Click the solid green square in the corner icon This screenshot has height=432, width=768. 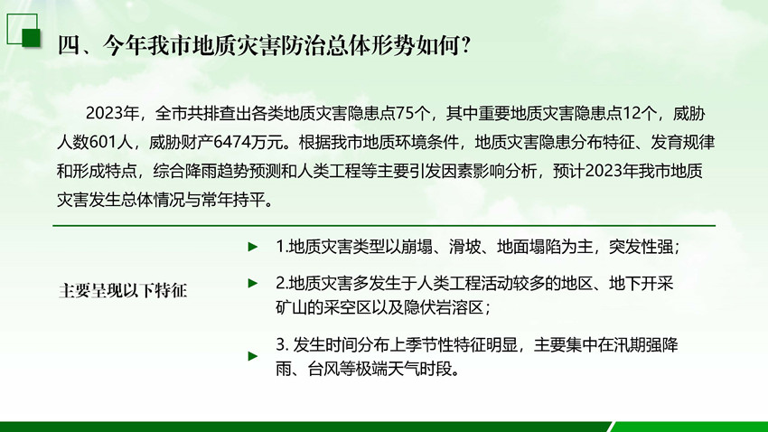pos(32,38)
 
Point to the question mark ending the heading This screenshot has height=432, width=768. pos(466,45)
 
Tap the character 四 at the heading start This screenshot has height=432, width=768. pos(69,45)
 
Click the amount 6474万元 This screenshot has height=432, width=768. pos(248,143)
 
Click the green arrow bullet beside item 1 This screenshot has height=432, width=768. pos(253,247)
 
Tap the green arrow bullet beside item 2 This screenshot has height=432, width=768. pos(253,283)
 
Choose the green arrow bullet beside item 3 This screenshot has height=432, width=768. pos(253,356)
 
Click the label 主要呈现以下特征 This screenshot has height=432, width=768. pos(123,290)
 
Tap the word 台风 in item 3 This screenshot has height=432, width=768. pos(323,369)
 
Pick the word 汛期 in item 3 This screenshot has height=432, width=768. pos(630,345)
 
